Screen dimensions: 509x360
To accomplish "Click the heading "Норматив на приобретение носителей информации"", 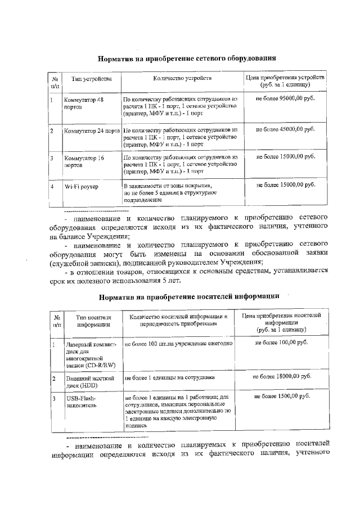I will pyautogui.click(x=189, y=296).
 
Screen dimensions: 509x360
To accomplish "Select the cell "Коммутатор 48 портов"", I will pyautogui.click(x=84, y=102).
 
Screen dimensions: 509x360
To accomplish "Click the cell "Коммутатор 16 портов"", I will pyautogui.click(x=84, y=161).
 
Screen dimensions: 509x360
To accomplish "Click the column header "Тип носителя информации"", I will pyautogui.click(x=90, y=321).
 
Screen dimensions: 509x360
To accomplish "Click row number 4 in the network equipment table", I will pyautogui.click(x=51, y=185).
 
